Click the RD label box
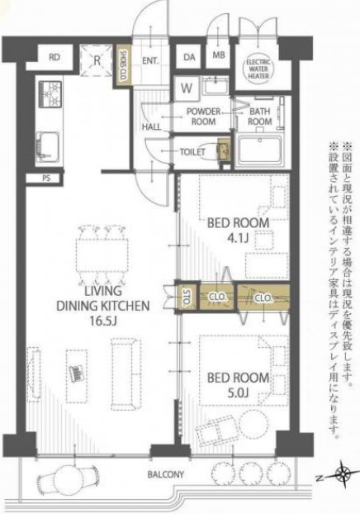pyautogui.click(x=54, y=57)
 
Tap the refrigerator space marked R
pyautogui.click(x=97, y=60)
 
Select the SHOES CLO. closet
pyautogui.click(x=124, y=65)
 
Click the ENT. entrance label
pyautogui.click(x=150, y=61)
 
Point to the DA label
pyautogui.click(x=189, y=57)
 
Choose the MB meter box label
pyautogui.click(x=219, y=55)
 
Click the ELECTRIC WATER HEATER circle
pyautogui.click(x=258, y=69)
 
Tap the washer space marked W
pyautogui.click(x=187, y=88)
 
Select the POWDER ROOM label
pyautogui.click(x=203, y=117)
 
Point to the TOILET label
pyautogui.click(x=192, y=152)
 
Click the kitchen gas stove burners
pyautogui.click(x=50, y=94)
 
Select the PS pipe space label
pyautogui.click(x=46, y=178)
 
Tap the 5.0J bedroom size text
pyautogui.click(x=238, y=393)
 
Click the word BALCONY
pyautogui.click(x=166, y=474)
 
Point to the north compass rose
pyautogui.click(x=343, y=473)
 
